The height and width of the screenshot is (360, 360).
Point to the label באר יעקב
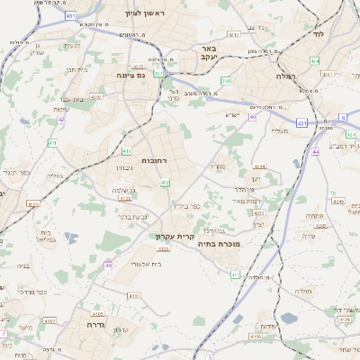pos(207,54)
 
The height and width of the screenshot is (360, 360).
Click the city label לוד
pos(319,33)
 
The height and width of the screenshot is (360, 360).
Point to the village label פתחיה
pos(313,216)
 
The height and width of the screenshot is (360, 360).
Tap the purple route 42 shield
pos(61,119)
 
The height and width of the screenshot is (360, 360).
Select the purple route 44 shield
pos(316,153)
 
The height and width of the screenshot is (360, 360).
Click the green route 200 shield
pos(226,81)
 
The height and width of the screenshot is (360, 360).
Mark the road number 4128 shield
pos(32,204)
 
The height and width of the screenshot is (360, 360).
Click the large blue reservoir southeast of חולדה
pos(288,319)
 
